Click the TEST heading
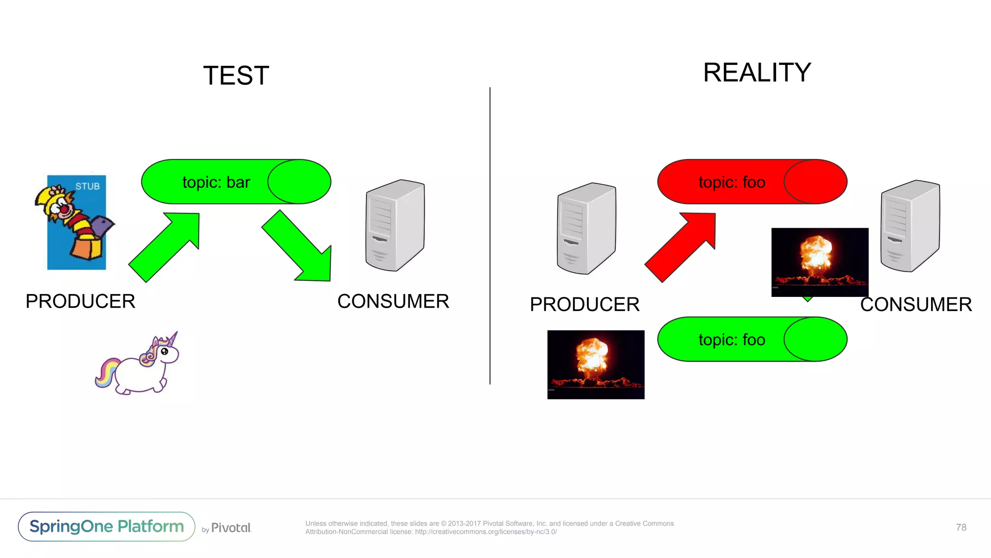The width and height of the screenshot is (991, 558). pos(236,76)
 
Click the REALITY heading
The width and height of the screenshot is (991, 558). pos(756,73)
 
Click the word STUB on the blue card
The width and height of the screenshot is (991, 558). pos(87,186)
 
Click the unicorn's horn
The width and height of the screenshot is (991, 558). pos(173,339)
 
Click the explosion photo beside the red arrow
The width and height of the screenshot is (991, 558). pos(819,262)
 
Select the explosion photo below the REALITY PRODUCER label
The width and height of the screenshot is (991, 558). pos(596,365)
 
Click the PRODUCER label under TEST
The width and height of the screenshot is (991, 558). pos(80,301)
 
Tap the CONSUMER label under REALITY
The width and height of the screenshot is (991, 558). pos(916,305)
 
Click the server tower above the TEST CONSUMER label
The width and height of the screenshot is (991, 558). pos(395,226)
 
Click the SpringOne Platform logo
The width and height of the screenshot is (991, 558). pos(106,527)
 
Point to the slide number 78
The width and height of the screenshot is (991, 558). pos(961,527)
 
